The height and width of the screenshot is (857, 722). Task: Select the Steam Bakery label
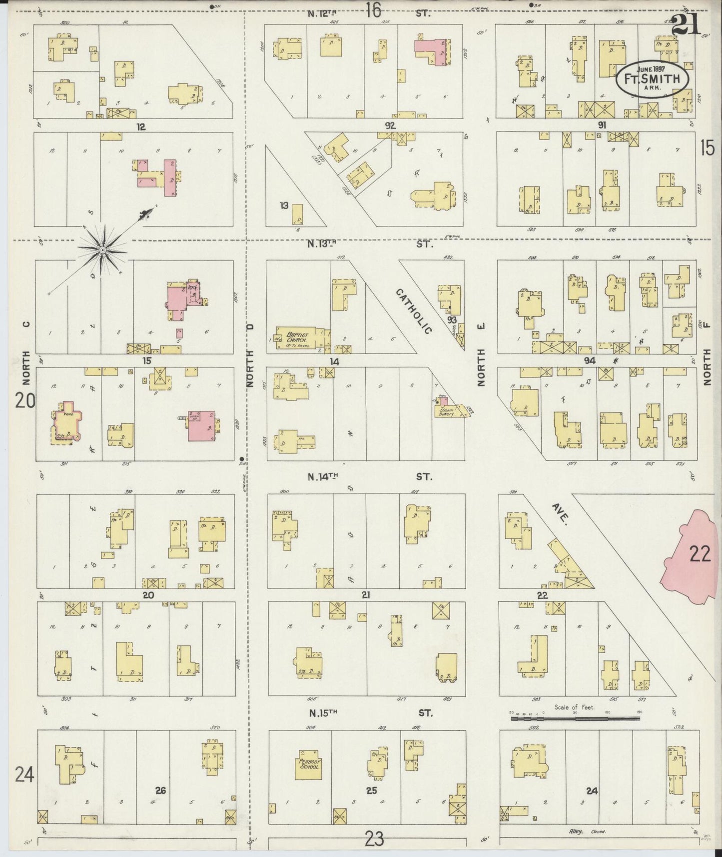(446, 412)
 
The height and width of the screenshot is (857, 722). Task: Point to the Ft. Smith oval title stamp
(652, 79)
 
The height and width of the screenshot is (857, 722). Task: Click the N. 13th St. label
(370, 244)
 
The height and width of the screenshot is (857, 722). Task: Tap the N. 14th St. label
(370, 477)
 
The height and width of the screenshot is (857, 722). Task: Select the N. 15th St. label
(370, 712)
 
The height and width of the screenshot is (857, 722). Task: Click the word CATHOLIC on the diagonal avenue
(414, 310)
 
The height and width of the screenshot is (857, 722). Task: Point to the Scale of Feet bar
(575, 718)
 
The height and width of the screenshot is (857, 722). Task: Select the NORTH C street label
(26, 352)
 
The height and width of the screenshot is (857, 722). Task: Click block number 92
(390, 125)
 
